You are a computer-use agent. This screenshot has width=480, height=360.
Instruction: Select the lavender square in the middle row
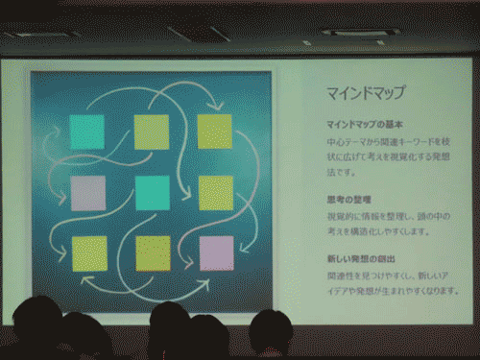click(x=88, y=192)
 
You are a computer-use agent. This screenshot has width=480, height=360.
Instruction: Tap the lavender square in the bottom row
click(x=216, y=252)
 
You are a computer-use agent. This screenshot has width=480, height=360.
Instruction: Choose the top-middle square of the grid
click(x=152, y=130)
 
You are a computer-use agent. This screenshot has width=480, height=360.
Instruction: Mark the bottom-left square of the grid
click(x=89, y=252)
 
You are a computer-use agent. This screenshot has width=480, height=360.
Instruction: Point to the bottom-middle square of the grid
click(x=153, y=252)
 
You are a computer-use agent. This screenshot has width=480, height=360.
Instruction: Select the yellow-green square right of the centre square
click(x=216, y=192)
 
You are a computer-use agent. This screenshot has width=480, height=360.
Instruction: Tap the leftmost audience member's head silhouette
click(x=36, y=322)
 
